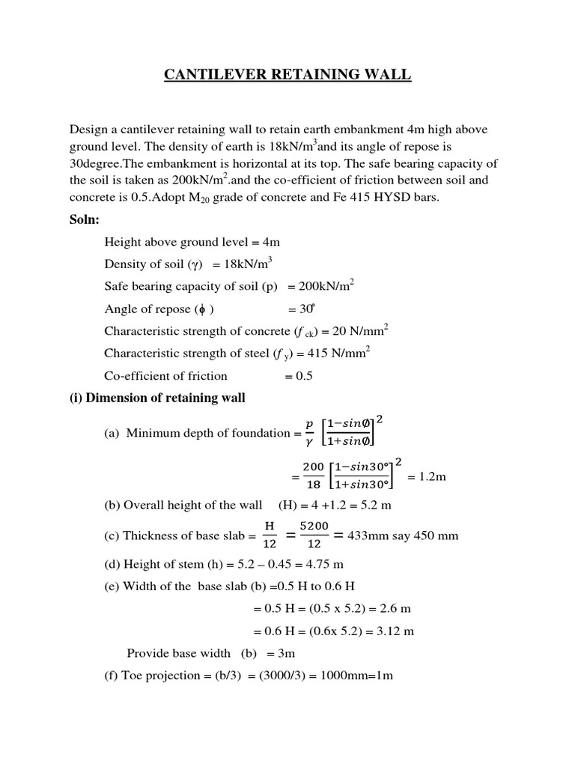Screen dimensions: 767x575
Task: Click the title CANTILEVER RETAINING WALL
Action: [x=287, y=74]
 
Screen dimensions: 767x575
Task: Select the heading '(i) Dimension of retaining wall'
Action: [x=157, y=398]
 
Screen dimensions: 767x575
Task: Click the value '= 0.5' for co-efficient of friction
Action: [x=298, y=376]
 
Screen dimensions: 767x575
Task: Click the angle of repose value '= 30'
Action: [x=301, y=309]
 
